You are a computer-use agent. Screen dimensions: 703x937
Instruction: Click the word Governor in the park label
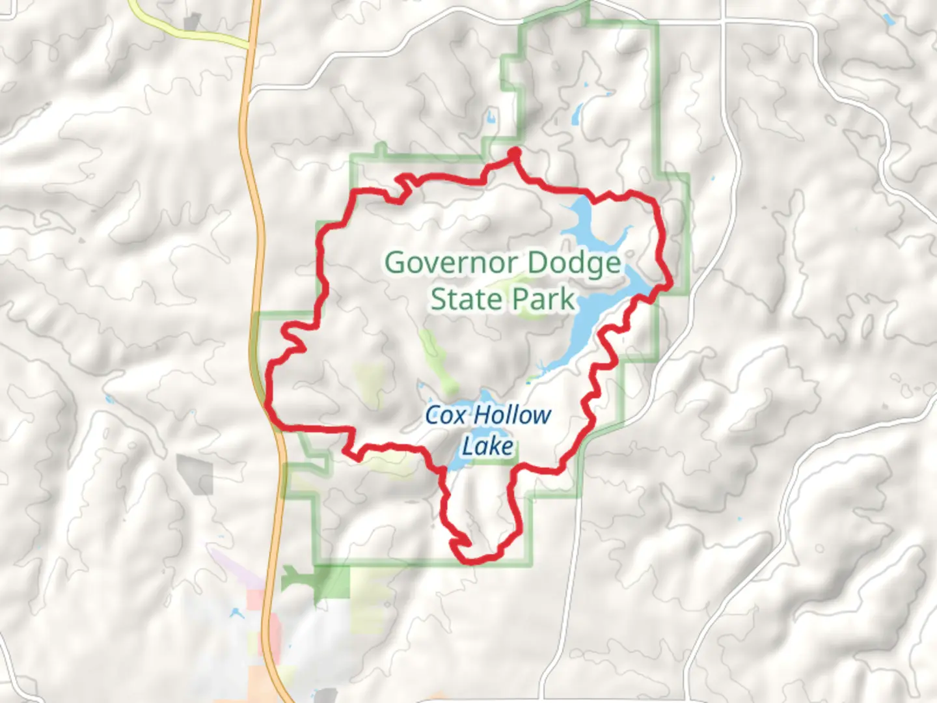coord(452,263)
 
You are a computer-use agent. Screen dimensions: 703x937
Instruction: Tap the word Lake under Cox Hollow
coord(488,447)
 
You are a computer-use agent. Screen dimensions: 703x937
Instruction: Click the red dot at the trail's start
coord(514,152)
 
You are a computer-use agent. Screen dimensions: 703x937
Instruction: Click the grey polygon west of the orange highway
coord(195,474)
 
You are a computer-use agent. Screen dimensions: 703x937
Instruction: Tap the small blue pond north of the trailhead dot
coord(490,118)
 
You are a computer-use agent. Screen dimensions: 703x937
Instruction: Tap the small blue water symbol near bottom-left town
coord(235,613)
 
